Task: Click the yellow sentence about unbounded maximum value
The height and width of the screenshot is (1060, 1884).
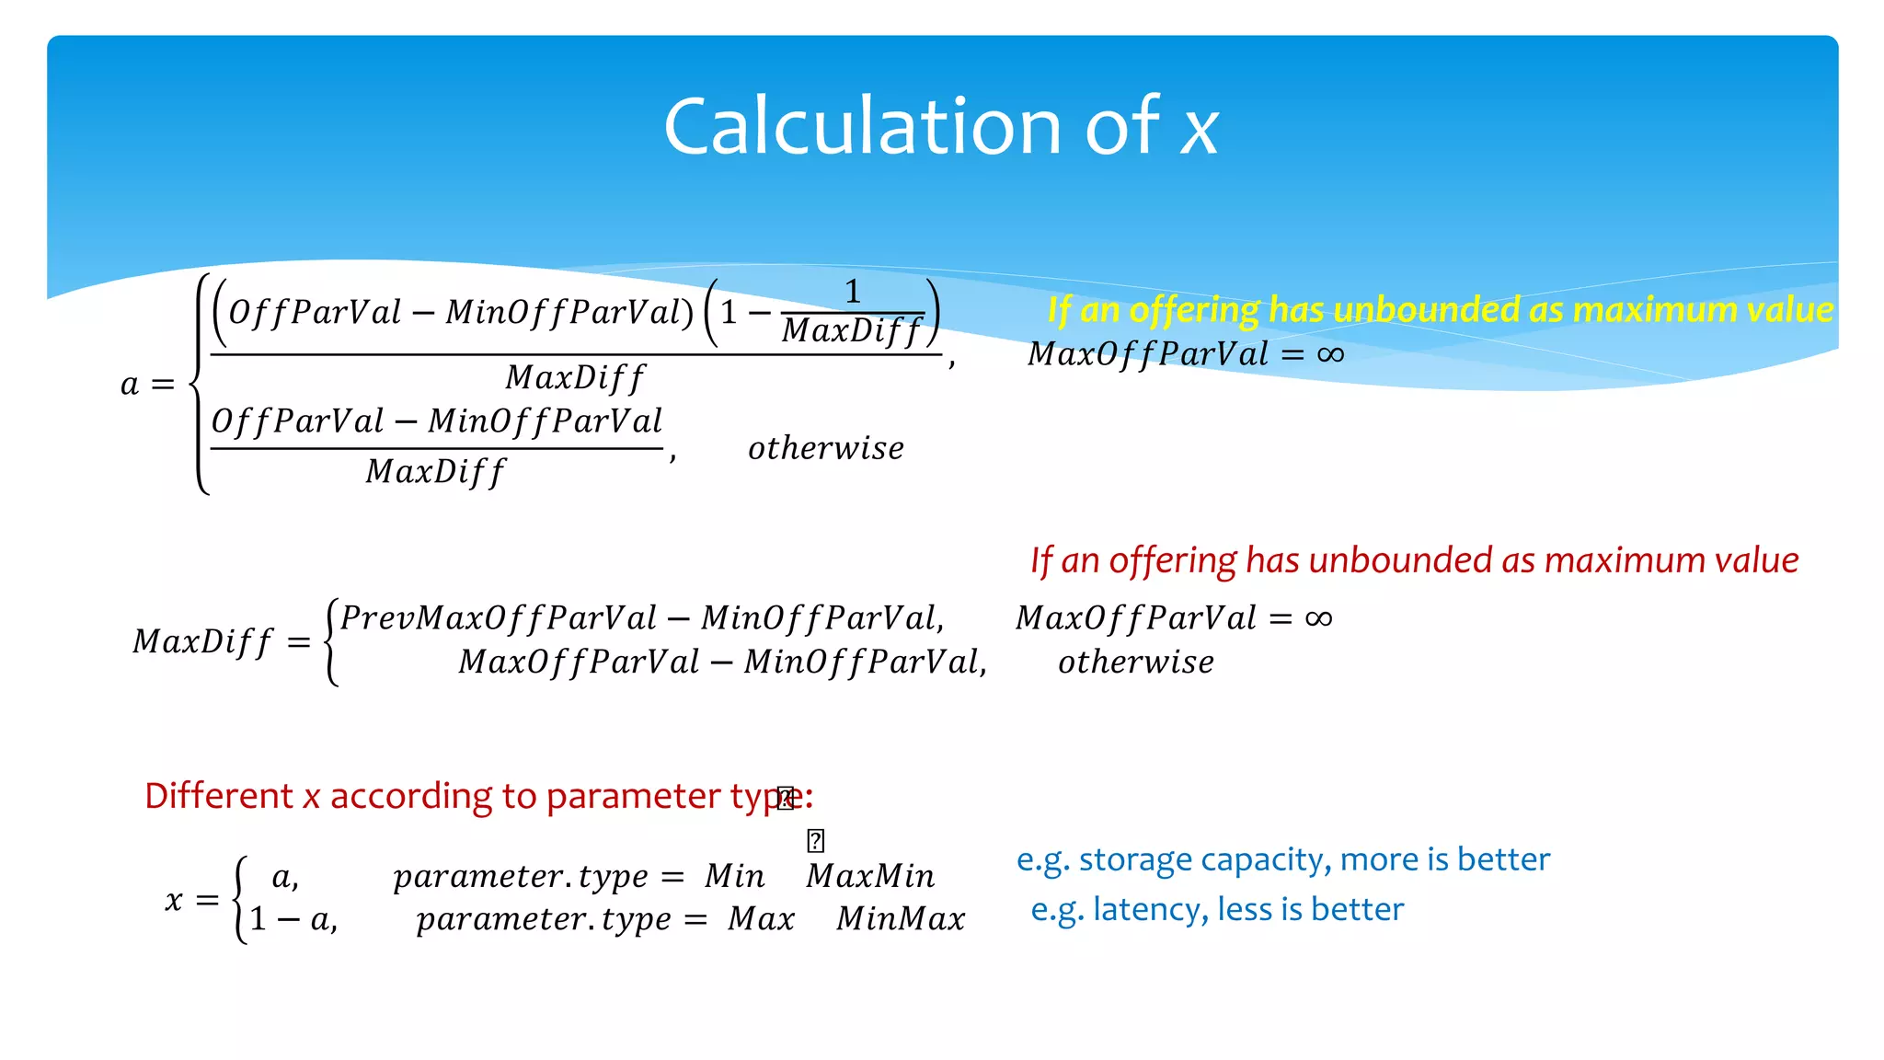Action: pyautogui.click(x=1440, y=310)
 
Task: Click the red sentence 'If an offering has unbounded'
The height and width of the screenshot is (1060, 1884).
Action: pyautogui.click(x=1414, y=560)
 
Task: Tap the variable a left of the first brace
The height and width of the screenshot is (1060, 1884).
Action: pyautogui.click(x=130, y=384)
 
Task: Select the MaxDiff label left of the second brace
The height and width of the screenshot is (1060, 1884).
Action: pyautogui.click(x=203, y=641)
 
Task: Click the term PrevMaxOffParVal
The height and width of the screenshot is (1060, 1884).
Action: pyautogui.click(x=499, y=617)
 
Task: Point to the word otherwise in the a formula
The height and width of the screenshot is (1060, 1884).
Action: pyautogui.click(x=825, y=448)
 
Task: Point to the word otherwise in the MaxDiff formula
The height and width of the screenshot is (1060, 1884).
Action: pyautogui.click(x=1135, y=662)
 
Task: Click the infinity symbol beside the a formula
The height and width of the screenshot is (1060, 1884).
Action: pyautogui.click(x=1330, y=354)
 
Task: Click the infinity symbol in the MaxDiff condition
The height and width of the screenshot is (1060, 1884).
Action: pyautogui.click(x=1318, y=618)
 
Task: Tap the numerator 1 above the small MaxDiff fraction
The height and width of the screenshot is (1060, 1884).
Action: pyautogui.click(x=852, y=292)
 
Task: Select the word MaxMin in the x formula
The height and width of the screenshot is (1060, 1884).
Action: pyautogui.click(x=870, y=876)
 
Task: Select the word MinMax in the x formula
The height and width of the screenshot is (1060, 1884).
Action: pyautogui.click(x=901, y=919)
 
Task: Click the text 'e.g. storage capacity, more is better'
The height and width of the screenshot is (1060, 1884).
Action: pyautogui.click(x=1282, y=859)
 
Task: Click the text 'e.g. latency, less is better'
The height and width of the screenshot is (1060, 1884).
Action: pyautogui.click(x=1216, y=909)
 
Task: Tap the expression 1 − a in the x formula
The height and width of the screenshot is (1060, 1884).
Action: pyautogui.click(x=293, y=919)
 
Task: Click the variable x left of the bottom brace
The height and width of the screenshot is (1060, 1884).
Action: pyautogui.click(x=174, y=899)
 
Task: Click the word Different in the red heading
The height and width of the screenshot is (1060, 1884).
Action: pyautogui.click(x=218, y=796)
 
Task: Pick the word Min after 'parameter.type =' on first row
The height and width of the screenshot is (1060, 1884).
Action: pyautogui.click(x=734, y=876)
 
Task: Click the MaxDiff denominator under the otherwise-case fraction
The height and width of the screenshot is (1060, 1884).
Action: pyautogui.click(x=435, y=472)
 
